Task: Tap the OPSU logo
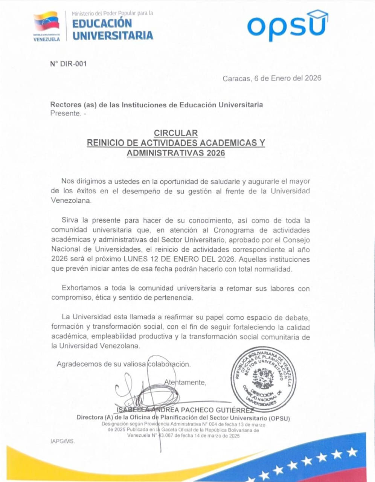point(287,26)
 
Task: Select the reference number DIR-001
point(68,64)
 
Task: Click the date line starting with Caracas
point(272,78)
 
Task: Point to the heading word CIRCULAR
point(176,133)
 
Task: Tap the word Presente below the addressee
point(65,113)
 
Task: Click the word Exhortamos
point(81,288)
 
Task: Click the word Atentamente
point(185,383)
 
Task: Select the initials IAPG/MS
point(62,441)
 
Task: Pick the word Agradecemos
point(79,364)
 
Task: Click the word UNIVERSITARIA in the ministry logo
point(113,35)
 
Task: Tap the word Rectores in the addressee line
point(66,105)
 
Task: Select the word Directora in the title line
point(90,418)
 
